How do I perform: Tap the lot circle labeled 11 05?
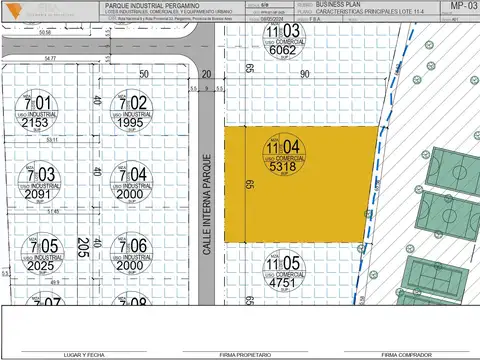[x=282, y=266]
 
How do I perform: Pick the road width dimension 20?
[x=207, y=75]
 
